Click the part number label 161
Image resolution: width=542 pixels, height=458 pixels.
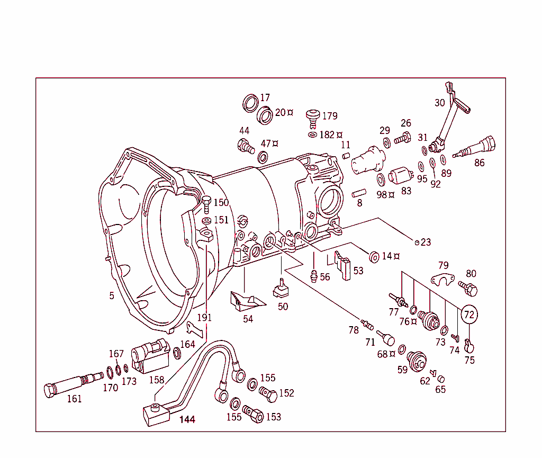(x=74, y=399)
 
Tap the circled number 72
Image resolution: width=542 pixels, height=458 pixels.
(x=469, y=314)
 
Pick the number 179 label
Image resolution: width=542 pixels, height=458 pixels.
(x=330, y=116)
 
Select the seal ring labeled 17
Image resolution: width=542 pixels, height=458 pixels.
(x=250, y=103)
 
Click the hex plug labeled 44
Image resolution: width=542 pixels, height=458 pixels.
(x=244, y=145)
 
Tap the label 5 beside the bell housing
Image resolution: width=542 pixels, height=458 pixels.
(x=112, y=296)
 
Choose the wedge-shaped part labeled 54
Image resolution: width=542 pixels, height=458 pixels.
(x=246, y=300)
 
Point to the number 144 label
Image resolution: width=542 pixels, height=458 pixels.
(x=187, y=419)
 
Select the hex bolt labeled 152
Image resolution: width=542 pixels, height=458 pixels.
(x=268, y=394)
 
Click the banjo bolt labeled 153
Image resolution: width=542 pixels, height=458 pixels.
(x=254, y=415)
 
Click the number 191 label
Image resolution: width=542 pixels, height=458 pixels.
(x=204, y=318)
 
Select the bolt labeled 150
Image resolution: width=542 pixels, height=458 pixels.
(x=207, y=203)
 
